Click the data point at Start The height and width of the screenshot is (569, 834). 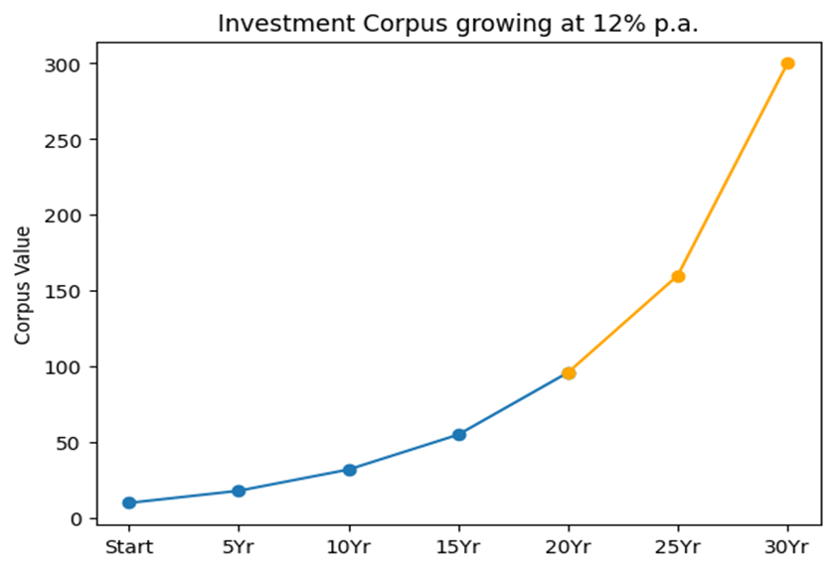point(129,502)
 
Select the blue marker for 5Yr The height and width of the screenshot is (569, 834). point(239,491)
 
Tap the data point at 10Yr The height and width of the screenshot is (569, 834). point(349,470)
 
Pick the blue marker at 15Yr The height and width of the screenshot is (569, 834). point(459,434)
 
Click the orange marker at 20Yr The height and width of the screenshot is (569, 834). point(569,373)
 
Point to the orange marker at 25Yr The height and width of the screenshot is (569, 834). point(678,276)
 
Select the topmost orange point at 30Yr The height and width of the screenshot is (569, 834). point(788,64)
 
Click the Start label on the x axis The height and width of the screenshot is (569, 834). point(129,546)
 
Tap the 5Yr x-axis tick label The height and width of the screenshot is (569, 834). point(239,546)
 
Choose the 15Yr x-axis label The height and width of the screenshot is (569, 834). point(459,546)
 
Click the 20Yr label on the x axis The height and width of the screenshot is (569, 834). point(569,546)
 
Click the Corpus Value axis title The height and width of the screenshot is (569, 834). point(23,285)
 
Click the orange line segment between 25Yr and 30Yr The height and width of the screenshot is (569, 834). point(734,170)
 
